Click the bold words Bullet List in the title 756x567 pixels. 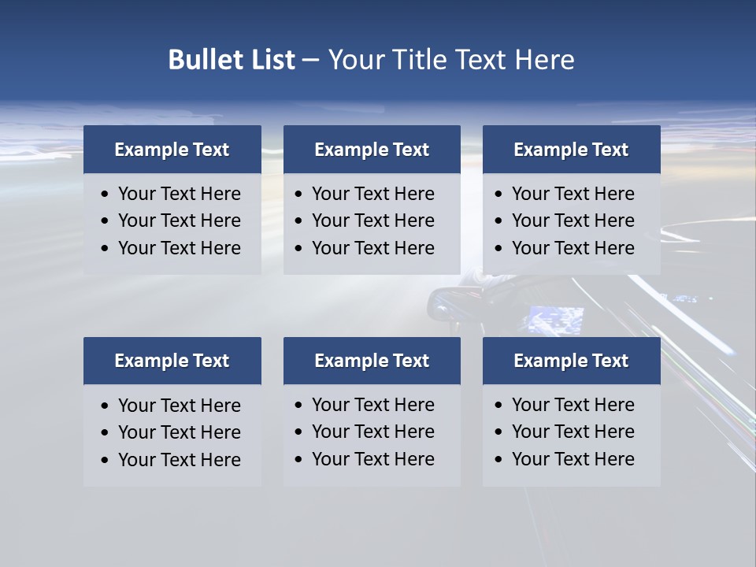click(232, 60)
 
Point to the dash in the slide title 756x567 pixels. click(311, 60)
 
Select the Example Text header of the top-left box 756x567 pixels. click(172, 150)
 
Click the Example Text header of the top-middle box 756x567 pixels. click(372, 150)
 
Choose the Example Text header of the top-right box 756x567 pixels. click(571, 150)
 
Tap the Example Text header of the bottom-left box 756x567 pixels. click(172, 361)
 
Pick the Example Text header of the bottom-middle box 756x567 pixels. click(372, 361)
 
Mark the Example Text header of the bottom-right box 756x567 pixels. click(571, 361)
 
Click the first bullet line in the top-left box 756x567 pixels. click(179, 194)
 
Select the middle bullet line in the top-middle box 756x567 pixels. click(372, 220)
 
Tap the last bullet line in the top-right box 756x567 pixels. click(573, 248)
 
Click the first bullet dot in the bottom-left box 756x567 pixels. click(105, 406)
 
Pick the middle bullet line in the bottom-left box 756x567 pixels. click(179, 432)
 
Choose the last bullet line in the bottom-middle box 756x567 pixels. click(372, 459)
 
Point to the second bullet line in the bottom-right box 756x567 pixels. click(573, 432)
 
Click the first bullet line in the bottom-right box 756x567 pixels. click(573, 405)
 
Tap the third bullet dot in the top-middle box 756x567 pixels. click(298, 248)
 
